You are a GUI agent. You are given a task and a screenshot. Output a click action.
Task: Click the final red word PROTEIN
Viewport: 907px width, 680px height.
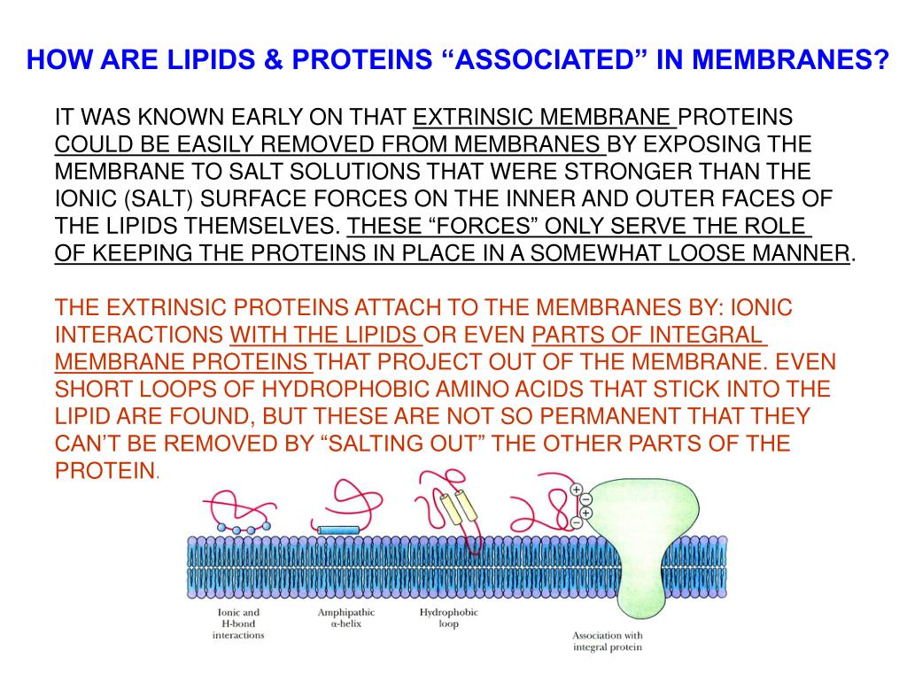[105, 470]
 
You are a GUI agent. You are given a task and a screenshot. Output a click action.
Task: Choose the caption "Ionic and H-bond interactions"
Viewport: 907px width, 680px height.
[238, 623]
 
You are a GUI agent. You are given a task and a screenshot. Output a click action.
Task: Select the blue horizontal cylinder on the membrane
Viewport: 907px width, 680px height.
[338, 529]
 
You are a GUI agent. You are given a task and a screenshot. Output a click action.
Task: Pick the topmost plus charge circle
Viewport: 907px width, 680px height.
[575, 489]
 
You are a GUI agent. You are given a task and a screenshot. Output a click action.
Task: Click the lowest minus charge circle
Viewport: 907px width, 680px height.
[575, 522]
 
